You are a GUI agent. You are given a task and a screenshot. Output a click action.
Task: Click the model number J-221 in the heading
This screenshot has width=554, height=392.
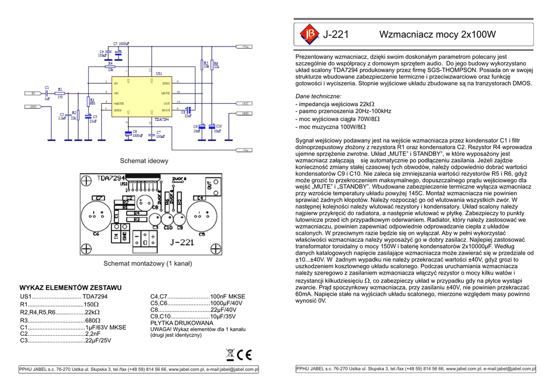click(x=336, y=35)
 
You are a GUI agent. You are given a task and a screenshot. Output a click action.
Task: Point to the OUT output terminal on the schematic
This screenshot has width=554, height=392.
click(x=245, y=103)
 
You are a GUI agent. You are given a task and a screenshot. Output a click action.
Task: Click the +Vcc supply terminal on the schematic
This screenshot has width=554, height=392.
click(x=245, y=47)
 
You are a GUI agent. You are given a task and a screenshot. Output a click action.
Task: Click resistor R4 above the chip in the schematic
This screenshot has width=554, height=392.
click(x=111, y=65)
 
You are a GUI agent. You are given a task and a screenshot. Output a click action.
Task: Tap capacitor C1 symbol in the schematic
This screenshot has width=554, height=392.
click(x=47, y=94)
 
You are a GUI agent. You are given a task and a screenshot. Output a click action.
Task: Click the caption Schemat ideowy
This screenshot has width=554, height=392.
click(x=144, y=161)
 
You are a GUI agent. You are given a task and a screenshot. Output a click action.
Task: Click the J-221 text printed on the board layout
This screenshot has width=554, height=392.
click(x=181, y=242)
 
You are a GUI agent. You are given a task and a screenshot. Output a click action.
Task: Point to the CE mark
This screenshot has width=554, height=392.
click(x=245, y=355)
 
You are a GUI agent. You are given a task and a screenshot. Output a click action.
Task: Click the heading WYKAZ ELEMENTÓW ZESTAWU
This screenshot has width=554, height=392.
click(x=70, y=288)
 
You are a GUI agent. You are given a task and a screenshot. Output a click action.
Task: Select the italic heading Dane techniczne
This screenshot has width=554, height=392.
click(x=318, y=96)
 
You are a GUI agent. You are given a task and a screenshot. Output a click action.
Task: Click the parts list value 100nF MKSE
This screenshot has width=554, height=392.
click(x=227, y=296)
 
